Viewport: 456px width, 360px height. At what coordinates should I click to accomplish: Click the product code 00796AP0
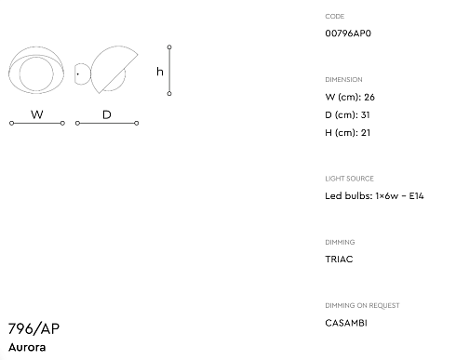pyautogui.click(x=348, y=33)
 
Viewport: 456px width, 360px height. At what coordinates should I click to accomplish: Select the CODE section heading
pyautogui.click(x=335, y=17)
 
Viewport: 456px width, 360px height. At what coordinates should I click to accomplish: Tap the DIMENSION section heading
pyautogui.click(x=343, y=80)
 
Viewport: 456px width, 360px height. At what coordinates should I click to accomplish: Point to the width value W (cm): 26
pyautogui.click(x=350, y=98)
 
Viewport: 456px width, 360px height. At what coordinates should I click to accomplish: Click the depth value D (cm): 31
pyautogui.click(x=347, y=115)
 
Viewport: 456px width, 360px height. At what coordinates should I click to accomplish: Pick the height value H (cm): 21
pyautogui.click(x=348, y=133)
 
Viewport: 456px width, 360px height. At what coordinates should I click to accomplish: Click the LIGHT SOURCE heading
pyautogui.click(x=349, y=179)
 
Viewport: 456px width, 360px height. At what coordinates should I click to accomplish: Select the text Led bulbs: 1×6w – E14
pyautogui.click(x=374, y=196)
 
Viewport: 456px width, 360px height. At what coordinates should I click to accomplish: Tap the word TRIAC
pyautogui.click(x=339, y=260)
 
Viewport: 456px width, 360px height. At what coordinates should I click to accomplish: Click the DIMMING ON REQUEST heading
pyautogui.click(x=362, y=306)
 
